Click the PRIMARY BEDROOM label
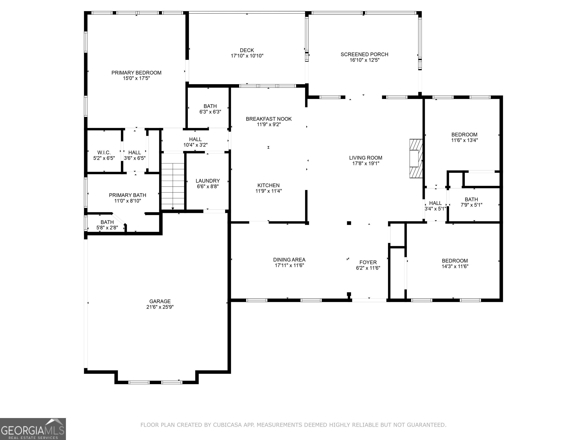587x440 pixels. (136, 73)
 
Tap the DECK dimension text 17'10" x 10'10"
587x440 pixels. (247, 56)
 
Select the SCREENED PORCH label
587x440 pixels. (364, 54)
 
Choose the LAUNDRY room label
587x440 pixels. (208, 181)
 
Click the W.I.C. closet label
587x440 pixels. (104, 153)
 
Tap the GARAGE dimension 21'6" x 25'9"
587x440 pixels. (160, 307)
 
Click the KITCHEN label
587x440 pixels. (268, 185)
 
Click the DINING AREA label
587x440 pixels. (289, 260)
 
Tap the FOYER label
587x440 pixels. (368, 263)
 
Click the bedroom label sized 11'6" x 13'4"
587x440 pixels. (464, 135)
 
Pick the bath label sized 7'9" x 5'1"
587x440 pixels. (471, 199)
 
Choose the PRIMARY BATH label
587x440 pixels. (128, 195)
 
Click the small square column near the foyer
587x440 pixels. (349, 223)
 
